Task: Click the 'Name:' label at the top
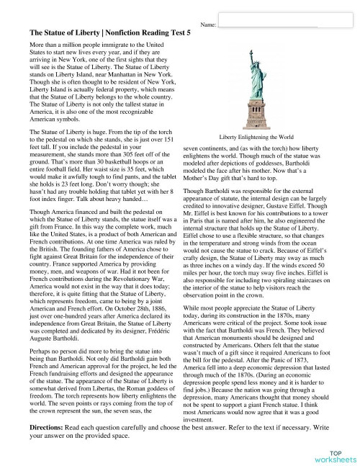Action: click(210, 25)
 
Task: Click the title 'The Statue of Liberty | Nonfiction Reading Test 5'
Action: click(110, 33)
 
